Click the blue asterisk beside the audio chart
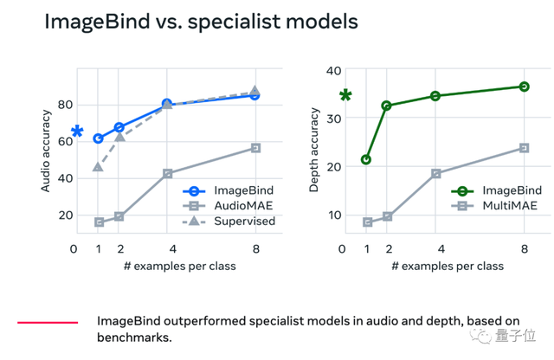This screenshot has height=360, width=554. coord(77,132)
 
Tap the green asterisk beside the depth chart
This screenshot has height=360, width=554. coord(345,96)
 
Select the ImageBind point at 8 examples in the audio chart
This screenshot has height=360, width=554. coord(255,95)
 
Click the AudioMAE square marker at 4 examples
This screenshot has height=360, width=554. coord(167,174)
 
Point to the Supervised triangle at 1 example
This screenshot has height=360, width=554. coord(98,166)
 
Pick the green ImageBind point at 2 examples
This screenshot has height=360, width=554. coord(386,106)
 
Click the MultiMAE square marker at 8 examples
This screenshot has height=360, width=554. coord(524,148)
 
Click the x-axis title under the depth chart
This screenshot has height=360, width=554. coord(447,266)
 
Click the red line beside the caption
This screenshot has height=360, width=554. coord(48,323)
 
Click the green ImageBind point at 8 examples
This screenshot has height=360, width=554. coord(524,87)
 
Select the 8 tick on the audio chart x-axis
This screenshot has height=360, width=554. coord(255,249)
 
